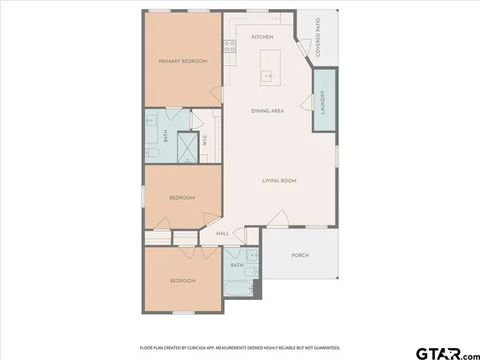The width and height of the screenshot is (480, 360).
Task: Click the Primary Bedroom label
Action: (182, 61)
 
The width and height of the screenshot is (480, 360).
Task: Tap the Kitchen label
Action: (262, 37)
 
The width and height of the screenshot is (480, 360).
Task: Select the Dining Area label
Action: (267, 111)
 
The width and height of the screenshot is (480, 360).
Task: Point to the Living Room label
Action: (279, 180)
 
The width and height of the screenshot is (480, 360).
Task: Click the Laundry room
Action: (323, 102)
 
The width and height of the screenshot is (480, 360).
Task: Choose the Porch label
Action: (300, 255)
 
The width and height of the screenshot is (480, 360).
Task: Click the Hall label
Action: (222, 233)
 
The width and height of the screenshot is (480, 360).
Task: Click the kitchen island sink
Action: (266, 75)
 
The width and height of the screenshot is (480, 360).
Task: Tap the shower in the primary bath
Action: (186, 147)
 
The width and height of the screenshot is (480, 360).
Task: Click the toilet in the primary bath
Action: (152, 154)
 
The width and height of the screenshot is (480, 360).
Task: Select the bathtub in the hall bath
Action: (238, 289)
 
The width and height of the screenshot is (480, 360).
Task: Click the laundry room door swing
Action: (307, 106)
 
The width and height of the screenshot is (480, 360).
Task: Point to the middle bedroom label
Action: (181, 197)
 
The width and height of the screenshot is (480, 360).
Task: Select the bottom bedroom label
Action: (182, 280)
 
